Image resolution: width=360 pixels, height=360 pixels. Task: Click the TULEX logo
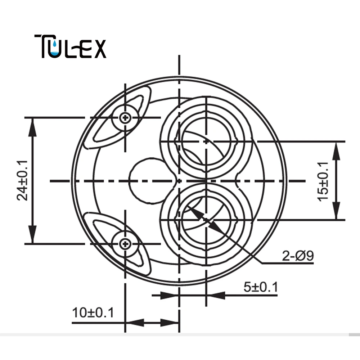click(70, 46)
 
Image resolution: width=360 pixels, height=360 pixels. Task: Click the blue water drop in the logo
click(55, 44)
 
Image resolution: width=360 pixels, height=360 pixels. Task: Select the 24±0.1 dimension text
click(22, 181)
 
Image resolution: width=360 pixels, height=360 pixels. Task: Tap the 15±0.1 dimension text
click(323, 181)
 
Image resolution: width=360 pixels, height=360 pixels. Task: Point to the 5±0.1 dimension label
click(261, 287)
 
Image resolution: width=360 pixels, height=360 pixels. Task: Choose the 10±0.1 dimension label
click(93, 312)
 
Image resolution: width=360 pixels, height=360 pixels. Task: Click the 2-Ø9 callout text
click(298, 256)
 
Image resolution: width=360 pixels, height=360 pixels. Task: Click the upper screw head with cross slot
click(125, 118)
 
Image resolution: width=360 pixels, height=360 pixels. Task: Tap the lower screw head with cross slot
click(125, 244)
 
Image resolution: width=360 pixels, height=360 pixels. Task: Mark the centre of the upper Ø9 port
click(206, 141)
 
